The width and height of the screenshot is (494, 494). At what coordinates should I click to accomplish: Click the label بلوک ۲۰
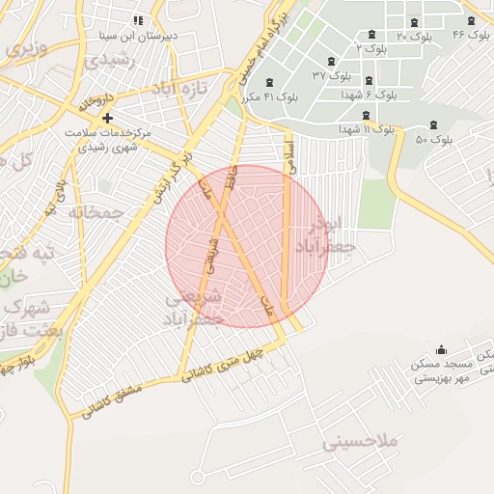point(415,36)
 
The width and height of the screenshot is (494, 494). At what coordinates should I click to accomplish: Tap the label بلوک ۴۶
point(472,35)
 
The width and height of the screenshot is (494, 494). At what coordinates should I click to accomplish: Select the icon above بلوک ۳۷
point(332,60)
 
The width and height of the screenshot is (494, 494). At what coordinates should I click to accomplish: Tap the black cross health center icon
point(107,117)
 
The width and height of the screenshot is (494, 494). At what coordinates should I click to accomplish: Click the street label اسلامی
point(288,155)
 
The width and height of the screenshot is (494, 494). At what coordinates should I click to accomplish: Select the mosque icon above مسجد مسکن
point(442,349)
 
